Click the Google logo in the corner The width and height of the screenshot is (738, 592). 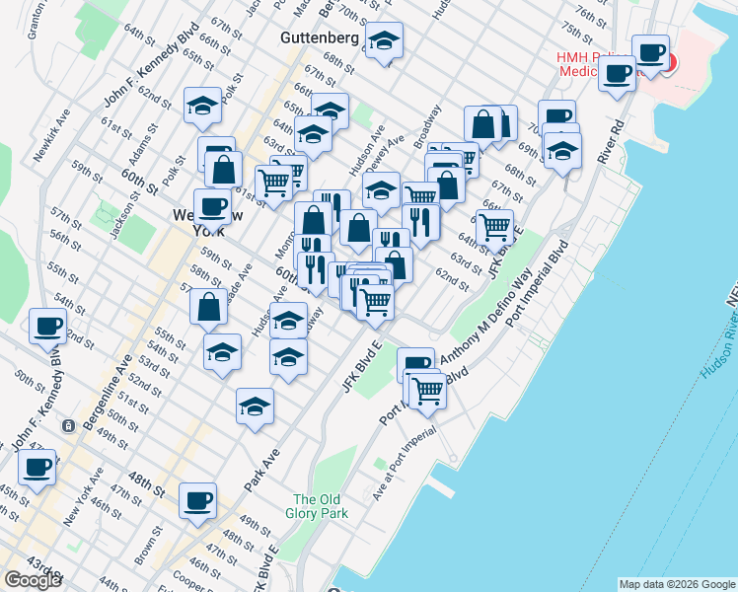point(33,580)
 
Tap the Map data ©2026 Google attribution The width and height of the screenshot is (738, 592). point(677,584)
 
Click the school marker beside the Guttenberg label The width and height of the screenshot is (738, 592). point(384,42)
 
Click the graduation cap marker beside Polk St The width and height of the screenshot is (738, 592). point(202,107)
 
